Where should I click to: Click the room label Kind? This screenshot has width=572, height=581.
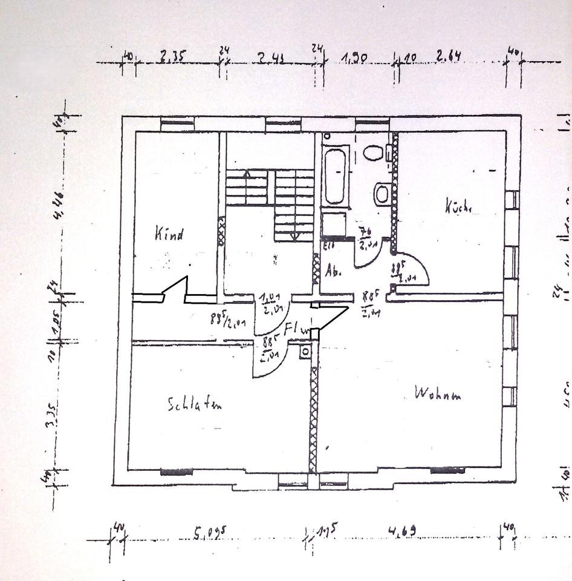169,233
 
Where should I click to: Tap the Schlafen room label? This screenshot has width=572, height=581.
195,404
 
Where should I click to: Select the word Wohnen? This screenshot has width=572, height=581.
438,395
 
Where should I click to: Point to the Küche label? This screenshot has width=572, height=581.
458,206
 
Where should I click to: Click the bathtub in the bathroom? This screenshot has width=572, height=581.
334,176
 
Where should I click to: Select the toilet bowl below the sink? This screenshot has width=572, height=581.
382,194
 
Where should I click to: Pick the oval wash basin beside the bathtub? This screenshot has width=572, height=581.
373,153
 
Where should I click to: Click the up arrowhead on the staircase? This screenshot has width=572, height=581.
247,174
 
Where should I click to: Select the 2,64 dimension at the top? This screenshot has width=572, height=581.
449,57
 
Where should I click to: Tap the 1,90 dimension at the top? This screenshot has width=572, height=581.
354,59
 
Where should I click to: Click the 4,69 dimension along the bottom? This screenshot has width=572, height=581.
401,532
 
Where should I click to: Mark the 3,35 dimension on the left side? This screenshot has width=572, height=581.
53,417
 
